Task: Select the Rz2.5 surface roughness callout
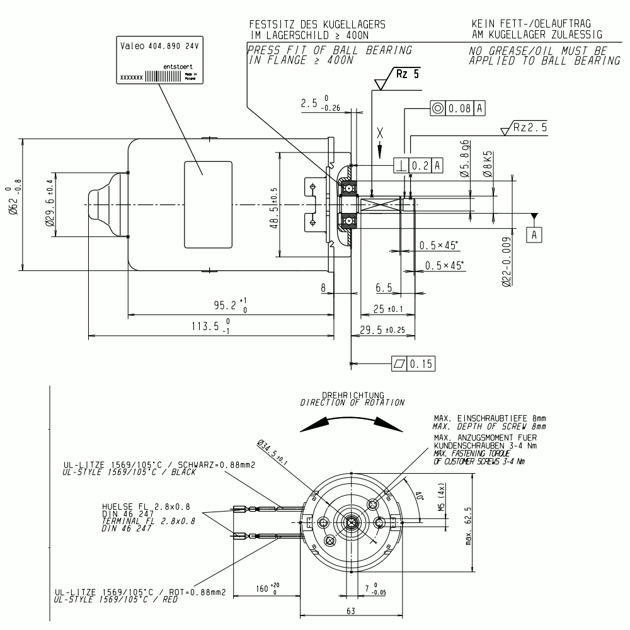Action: pos(529,127)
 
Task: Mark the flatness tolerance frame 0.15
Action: pos(413,364)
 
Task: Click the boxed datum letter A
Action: pos(535,234)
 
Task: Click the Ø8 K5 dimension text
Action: pos(486,163)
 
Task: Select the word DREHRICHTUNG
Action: pos(353,395)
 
